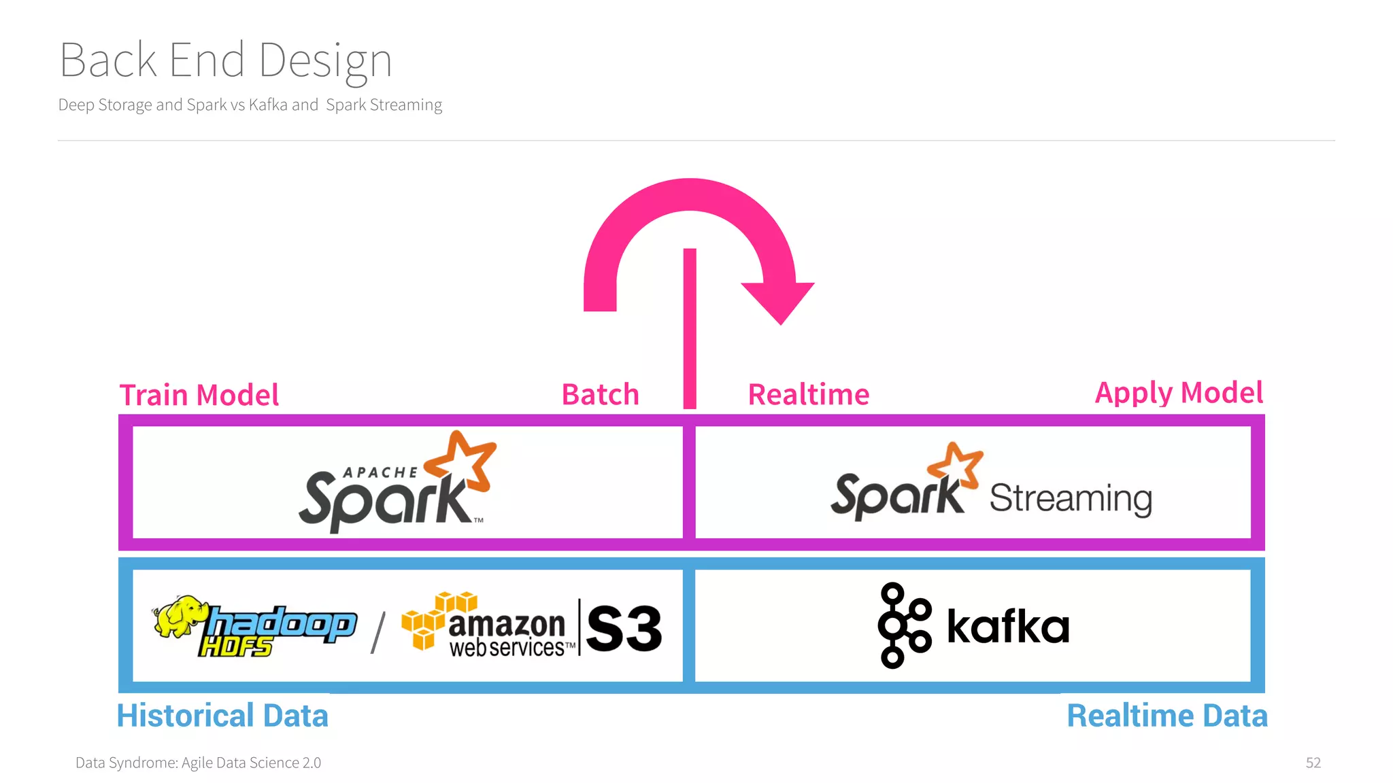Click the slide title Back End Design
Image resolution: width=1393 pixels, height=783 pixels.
tap(226, 60)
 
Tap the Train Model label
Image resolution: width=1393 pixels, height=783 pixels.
tap(199, 395)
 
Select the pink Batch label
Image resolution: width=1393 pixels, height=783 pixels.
tap(601, 395)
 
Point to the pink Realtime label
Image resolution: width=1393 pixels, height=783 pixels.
tap(809, 395)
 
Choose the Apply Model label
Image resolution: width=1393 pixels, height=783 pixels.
tap(1179, 393)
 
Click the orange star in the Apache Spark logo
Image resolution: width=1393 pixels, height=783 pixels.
tap(462, 462)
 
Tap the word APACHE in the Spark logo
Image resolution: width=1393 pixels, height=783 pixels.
tap(380, 472)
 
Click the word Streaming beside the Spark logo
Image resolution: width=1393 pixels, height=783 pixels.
tap(1071, 499)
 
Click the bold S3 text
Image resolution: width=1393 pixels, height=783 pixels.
tap(624, 628)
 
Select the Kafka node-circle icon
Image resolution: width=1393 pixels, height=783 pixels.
tap(903, 625)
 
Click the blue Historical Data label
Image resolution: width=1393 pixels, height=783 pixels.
tap(222, 716)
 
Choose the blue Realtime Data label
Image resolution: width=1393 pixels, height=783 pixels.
tap(1167, 716)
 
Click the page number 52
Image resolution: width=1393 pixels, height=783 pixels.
tap(1313, 763)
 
